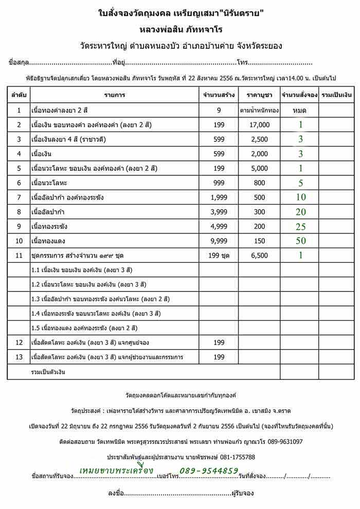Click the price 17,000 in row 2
(x=259, y=124)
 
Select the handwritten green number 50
(x=300, y=241)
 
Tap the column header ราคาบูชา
(x=259, y=95)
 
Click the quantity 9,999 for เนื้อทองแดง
(x=219, y=241)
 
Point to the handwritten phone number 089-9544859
(x=209, y=470)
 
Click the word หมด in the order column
(x=299, y=110)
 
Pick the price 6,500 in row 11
(x=259, y=255)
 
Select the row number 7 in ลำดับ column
(x=19, y=197)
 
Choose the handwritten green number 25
(x=300, y=226)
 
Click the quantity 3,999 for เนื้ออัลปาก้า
(x=219, y=212)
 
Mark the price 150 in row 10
(x=259, y=241)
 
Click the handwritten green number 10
(x=300, y=197)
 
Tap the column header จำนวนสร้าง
(x=219, y=95)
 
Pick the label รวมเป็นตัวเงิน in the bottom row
(x=48, y=371)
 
